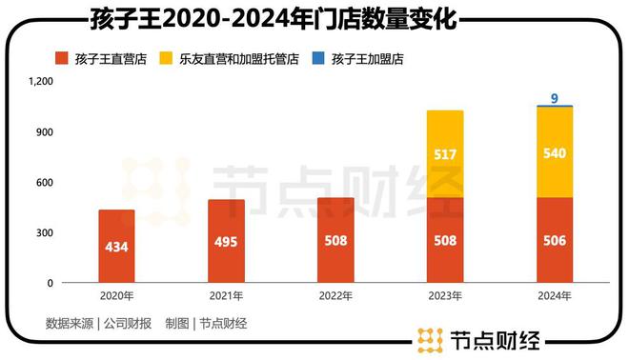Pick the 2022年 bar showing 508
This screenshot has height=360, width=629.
coord(335,240)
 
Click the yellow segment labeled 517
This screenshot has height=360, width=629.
coord(445,154)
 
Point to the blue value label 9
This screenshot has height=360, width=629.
coord(555,96)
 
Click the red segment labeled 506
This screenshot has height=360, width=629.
coord(555,240)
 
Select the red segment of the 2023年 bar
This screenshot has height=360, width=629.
coord(445,240)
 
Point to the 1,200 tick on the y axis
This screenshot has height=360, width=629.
coord(40,82)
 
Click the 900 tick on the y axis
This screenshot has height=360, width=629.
coord(45,132)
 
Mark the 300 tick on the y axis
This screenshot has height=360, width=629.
coord(45,232)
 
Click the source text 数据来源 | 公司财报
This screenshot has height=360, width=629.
coord(98,324)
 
